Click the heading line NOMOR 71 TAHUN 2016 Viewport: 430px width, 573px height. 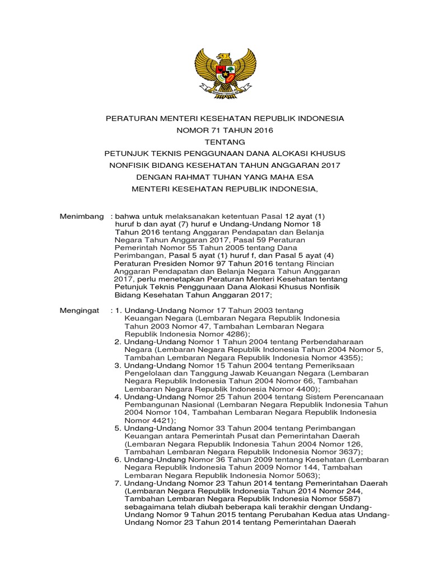click(225, 130)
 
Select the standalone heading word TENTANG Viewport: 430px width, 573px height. click(225, 142)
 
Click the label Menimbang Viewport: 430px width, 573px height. click(82, 216)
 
